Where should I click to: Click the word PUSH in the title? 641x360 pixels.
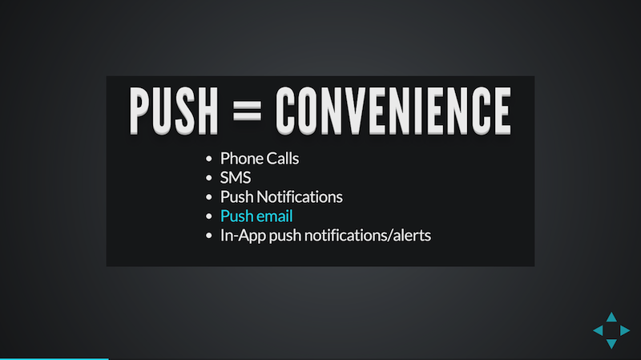pos(174,111)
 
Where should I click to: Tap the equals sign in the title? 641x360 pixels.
pos(247,111)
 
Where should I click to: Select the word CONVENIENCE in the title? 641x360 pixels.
pos(393,111)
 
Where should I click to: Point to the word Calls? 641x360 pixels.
pos(283,158)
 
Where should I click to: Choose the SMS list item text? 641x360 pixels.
pos(236,177)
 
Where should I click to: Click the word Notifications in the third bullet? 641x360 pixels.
pos(300,196)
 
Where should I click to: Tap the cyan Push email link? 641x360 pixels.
pos(256,216)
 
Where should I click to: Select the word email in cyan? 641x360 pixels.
pos(275,216)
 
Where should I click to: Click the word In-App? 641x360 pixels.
pos(243,236)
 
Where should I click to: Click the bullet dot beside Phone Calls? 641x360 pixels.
pos(209,159)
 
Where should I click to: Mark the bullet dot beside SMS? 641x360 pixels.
pos(209,178)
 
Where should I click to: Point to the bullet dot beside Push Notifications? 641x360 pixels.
pos(209,197)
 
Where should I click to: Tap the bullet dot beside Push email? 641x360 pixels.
pos(209,216)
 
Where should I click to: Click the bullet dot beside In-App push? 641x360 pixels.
pos(209,236)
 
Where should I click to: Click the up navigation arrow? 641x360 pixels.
pos(611,318)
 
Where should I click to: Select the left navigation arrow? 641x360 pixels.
pos(599,330)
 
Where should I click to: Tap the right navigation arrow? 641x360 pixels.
pos(625,330)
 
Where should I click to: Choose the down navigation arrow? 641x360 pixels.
pos(611,344)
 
